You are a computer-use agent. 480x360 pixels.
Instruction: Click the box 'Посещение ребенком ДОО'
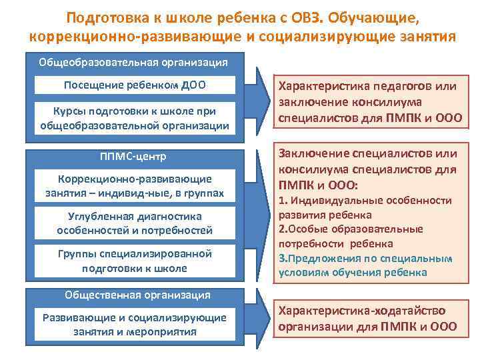pyautogui.click(x=135, y=85)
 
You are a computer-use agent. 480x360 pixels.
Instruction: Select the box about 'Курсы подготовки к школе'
pyautogui.click(x=135, y=117)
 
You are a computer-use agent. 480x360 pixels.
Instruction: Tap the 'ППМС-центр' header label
pyautogui.click(x=135, y=157)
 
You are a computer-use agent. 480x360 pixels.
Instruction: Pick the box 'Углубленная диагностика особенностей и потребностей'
pyautogui.click(x=135, y=223)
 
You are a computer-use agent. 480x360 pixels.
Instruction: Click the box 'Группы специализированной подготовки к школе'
pyautogui.click(x=135, y=261)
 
